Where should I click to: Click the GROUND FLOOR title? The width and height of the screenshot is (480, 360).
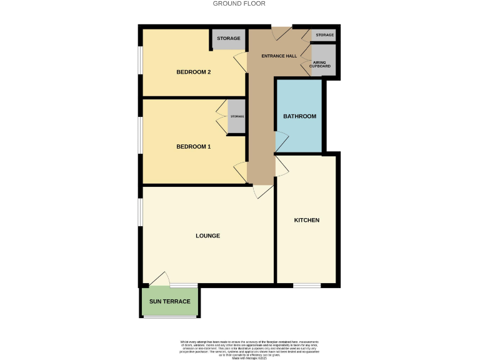coord(239,4)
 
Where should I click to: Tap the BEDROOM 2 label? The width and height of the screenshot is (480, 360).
coord(193,72)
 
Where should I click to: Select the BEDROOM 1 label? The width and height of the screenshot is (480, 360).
coord(193,147)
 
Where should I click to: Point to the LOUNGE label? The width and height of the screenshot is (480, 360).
coord(207,236)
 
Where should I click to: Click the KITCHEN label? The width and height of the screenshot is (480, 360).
coord(307,220)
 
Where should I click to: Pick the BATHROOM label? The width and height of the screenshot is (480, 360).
coord(299,116)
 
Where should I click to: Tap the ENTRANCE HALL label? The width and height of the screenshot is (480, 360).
coord(279,56)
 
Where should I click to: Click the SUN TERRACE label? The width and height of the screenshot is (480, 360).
coord(169,302)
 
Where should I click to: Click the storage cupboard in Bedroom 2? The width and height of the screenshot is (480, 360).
coord(229,39)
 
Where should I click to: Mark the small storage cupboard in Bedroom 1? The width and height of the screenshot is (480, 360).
coord(236,117)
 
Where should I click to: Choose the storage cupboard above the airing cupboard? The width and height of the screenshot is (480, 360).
coord(324,35)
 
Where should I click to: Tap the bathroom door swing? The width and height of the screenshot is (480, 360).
coord(281,141)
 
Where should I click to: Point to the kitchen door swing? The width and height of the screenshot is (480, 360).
coord(282,164)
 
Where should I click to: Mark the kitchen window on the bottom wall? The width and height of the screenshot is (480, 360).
coord(307,286)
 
